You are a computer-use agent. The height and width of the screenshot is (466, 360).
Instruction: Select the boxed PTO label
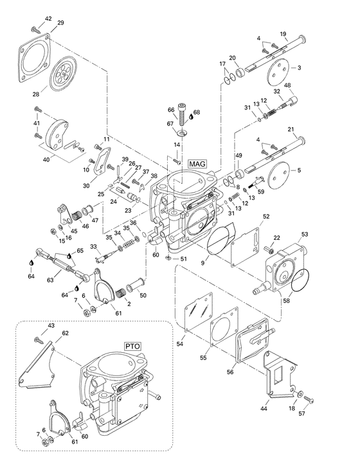point(132,346)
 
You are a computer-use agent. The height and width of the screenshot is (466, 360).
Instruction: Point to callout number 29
point(60,23)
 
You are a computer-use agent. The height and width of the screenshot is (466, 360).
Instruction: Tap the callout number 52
point(265,217)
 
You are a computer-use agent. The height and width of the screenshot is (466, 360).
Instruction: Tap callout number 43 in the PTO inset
point(51,326)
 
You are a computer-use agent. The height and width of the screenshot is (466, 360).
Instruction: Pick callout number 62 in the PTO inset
point(65,333)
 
